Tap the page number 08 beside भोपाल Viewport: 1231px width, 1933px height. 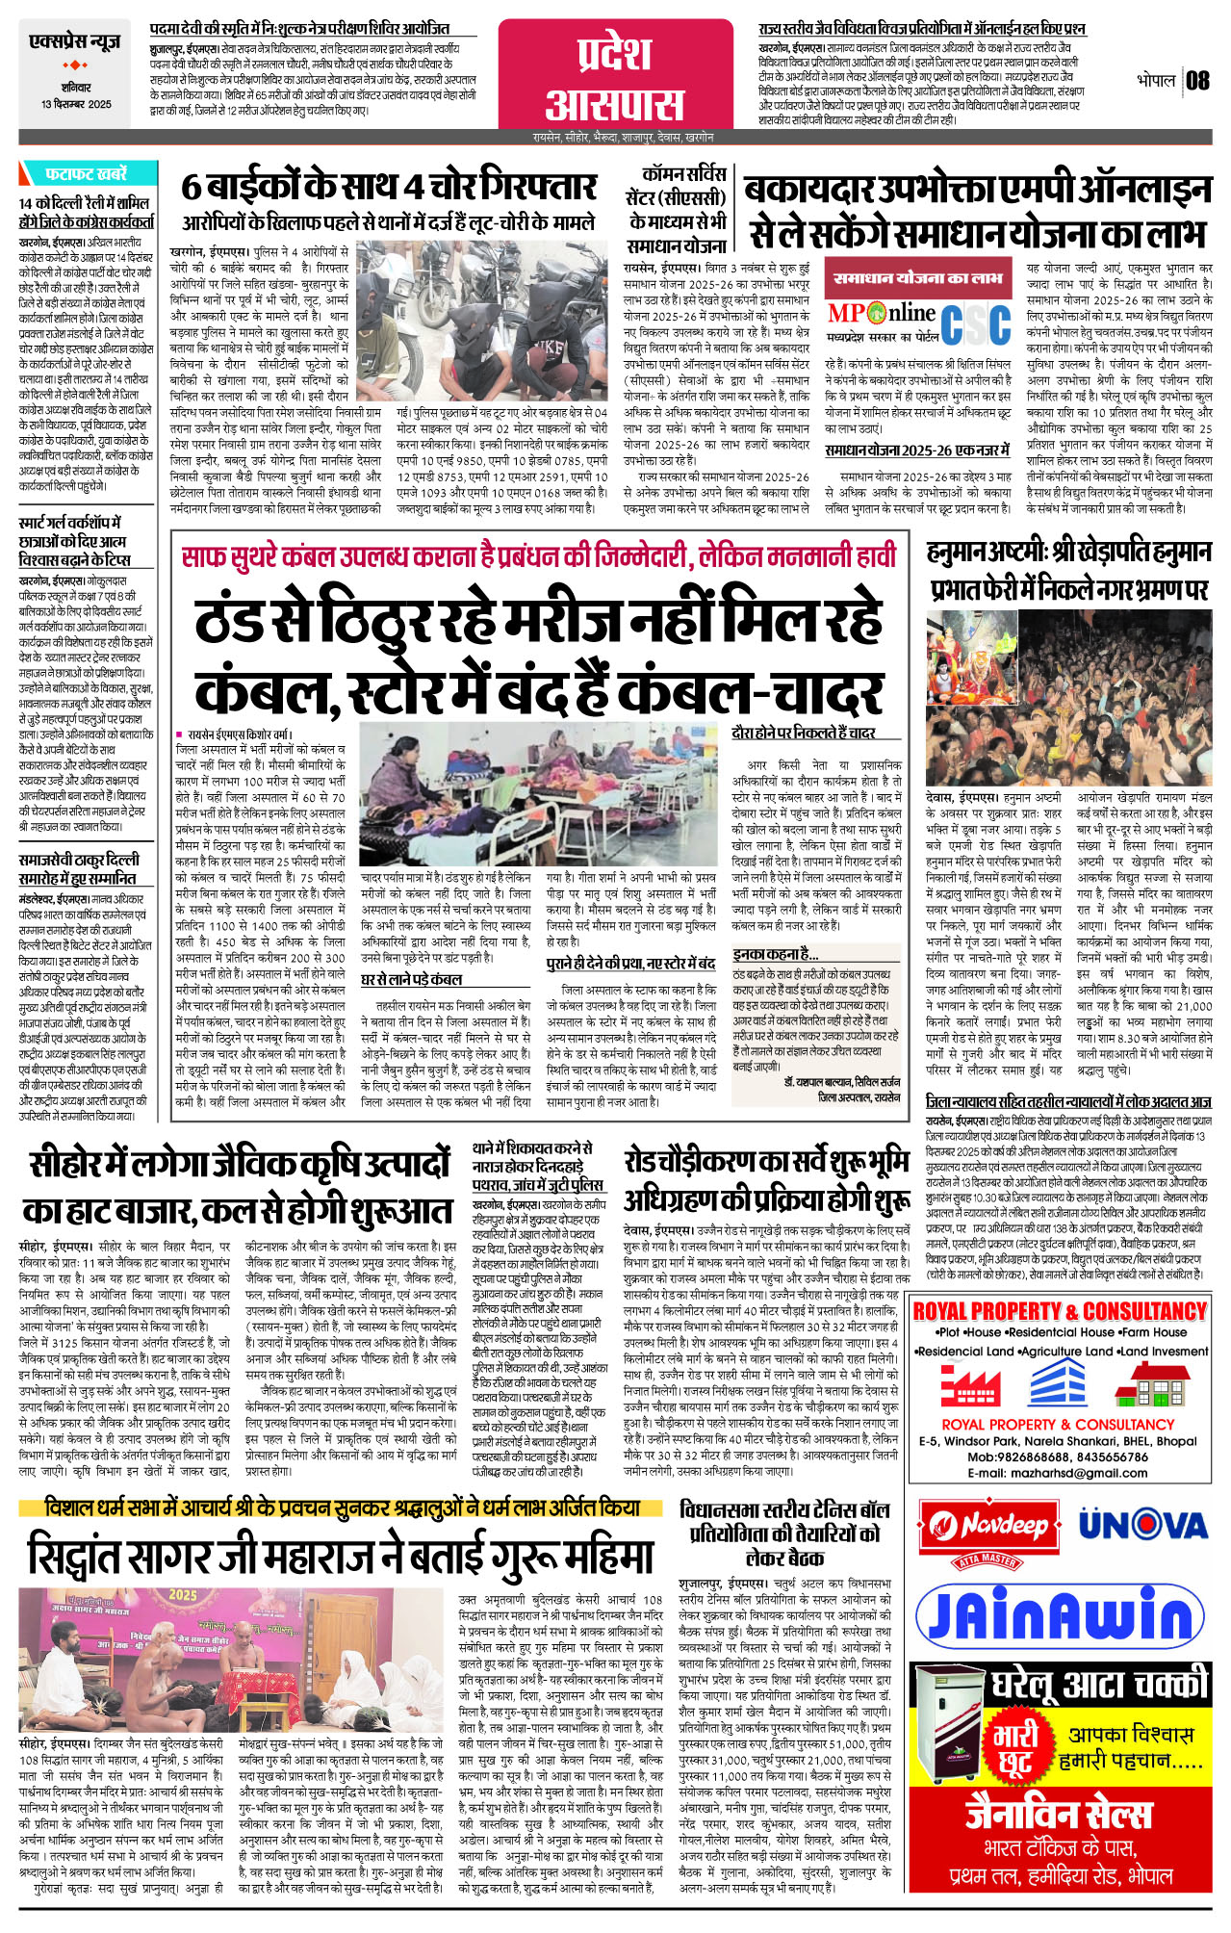pos(1197,80)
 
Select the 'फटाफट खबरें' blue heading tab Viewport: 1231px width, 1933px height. pos(85,174)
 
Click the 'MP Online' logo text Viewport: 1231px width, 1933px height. pos(882,313)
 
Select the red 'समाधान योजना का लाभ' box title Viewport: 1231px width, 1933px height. pos(917,278)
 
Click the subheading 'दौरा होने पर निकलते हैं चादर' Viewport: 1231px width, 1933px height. pos(803,733)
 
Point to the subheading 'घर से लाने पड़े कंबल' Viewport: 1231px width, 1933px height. pos(411,979)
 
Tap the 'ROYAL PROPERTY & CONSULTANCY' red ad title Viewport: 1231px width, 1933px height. pos(1059,1311)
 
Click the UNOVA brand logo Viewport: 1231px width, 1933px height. pos(1142,1525)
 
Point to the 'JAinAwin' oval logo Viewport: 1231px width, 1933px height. pos(1059,1612)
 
